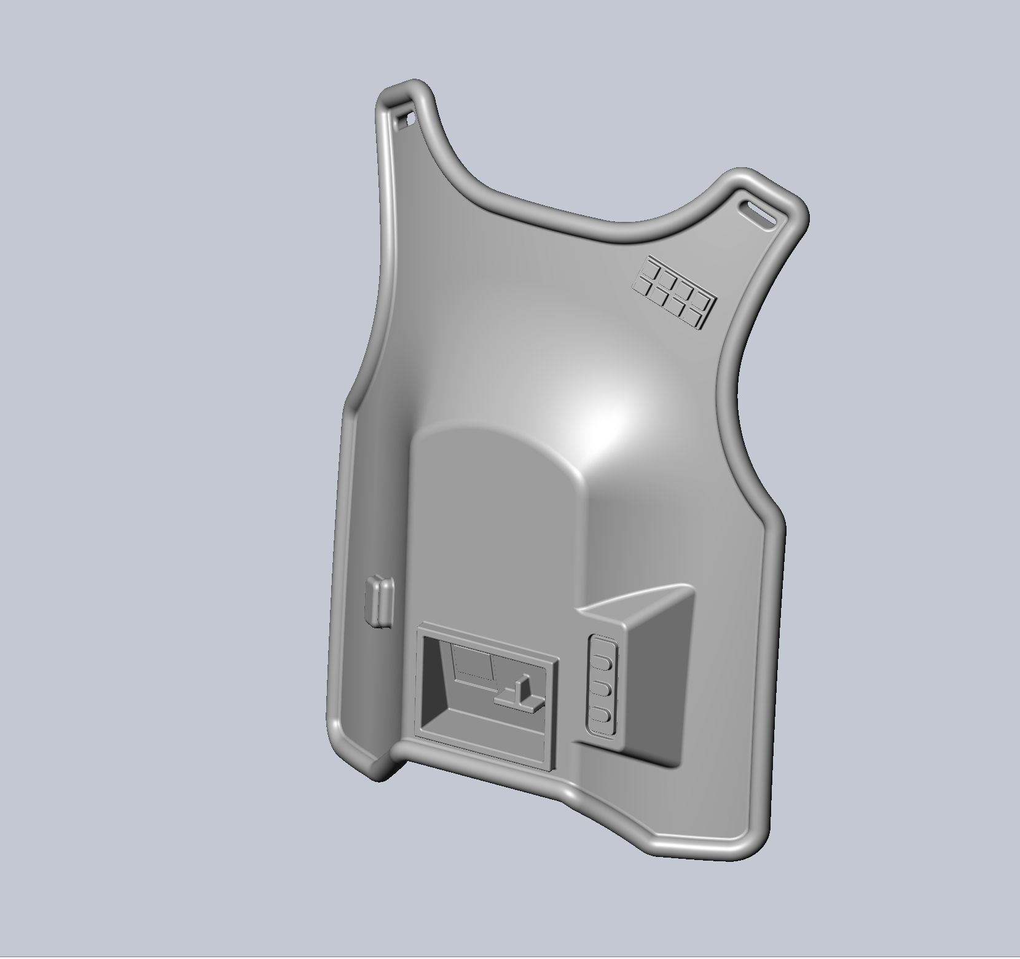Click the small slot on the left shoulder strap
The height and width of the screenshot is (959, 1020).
pos(406,119)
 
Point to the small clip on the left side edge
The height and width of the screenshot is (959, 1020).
pos(379,601)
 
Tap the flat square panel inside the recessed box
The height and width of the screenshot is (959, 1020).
pos(473,665)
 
